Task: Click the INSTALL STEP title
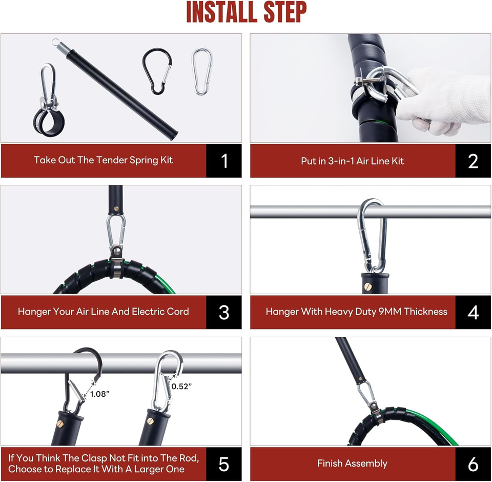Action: pyautogui.click(x=247, y=12)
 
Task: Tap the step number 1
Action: pyautogui.click(x=224, y=161)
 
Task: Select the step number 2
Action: pyautogui.click(x=473, y=161)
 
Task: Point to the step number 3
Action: pyautogui.click(x=224, y=312)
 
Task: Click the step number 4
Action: pyautogui.click(x=473, y=312)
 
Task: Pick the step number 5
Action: pyautogui.click(x=224, y=464)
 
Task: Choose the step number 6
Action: pyautogui.click(x=473, y=464)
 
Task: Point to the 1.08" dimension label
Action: pyautogui.click(x=100, y=394)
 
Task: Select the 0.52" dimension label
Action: pyautogui.click(x=181, y=387)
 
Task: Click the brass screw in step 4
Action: pyautogui.click(x=367, y=286)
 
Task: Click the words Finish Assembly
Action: pyautogui.click(x=352, y=464)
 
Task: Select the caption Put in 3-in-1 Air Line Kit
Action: pyautogui.click(x=352, y=161)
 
